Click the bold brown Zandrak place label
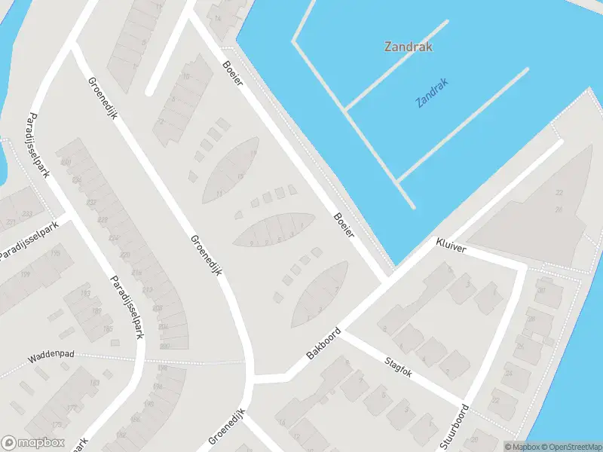[408, 46]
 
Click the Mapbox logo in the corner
[32, 442]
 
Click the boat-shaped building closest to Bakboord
[320, 293]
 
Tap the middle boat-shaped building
[273, 230]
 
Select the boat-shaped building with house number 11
[231, 170]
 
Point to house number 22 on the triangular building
[559, 194]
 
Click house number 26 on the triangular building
[559, 209]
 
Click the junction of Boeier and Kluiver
[388, 277]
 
